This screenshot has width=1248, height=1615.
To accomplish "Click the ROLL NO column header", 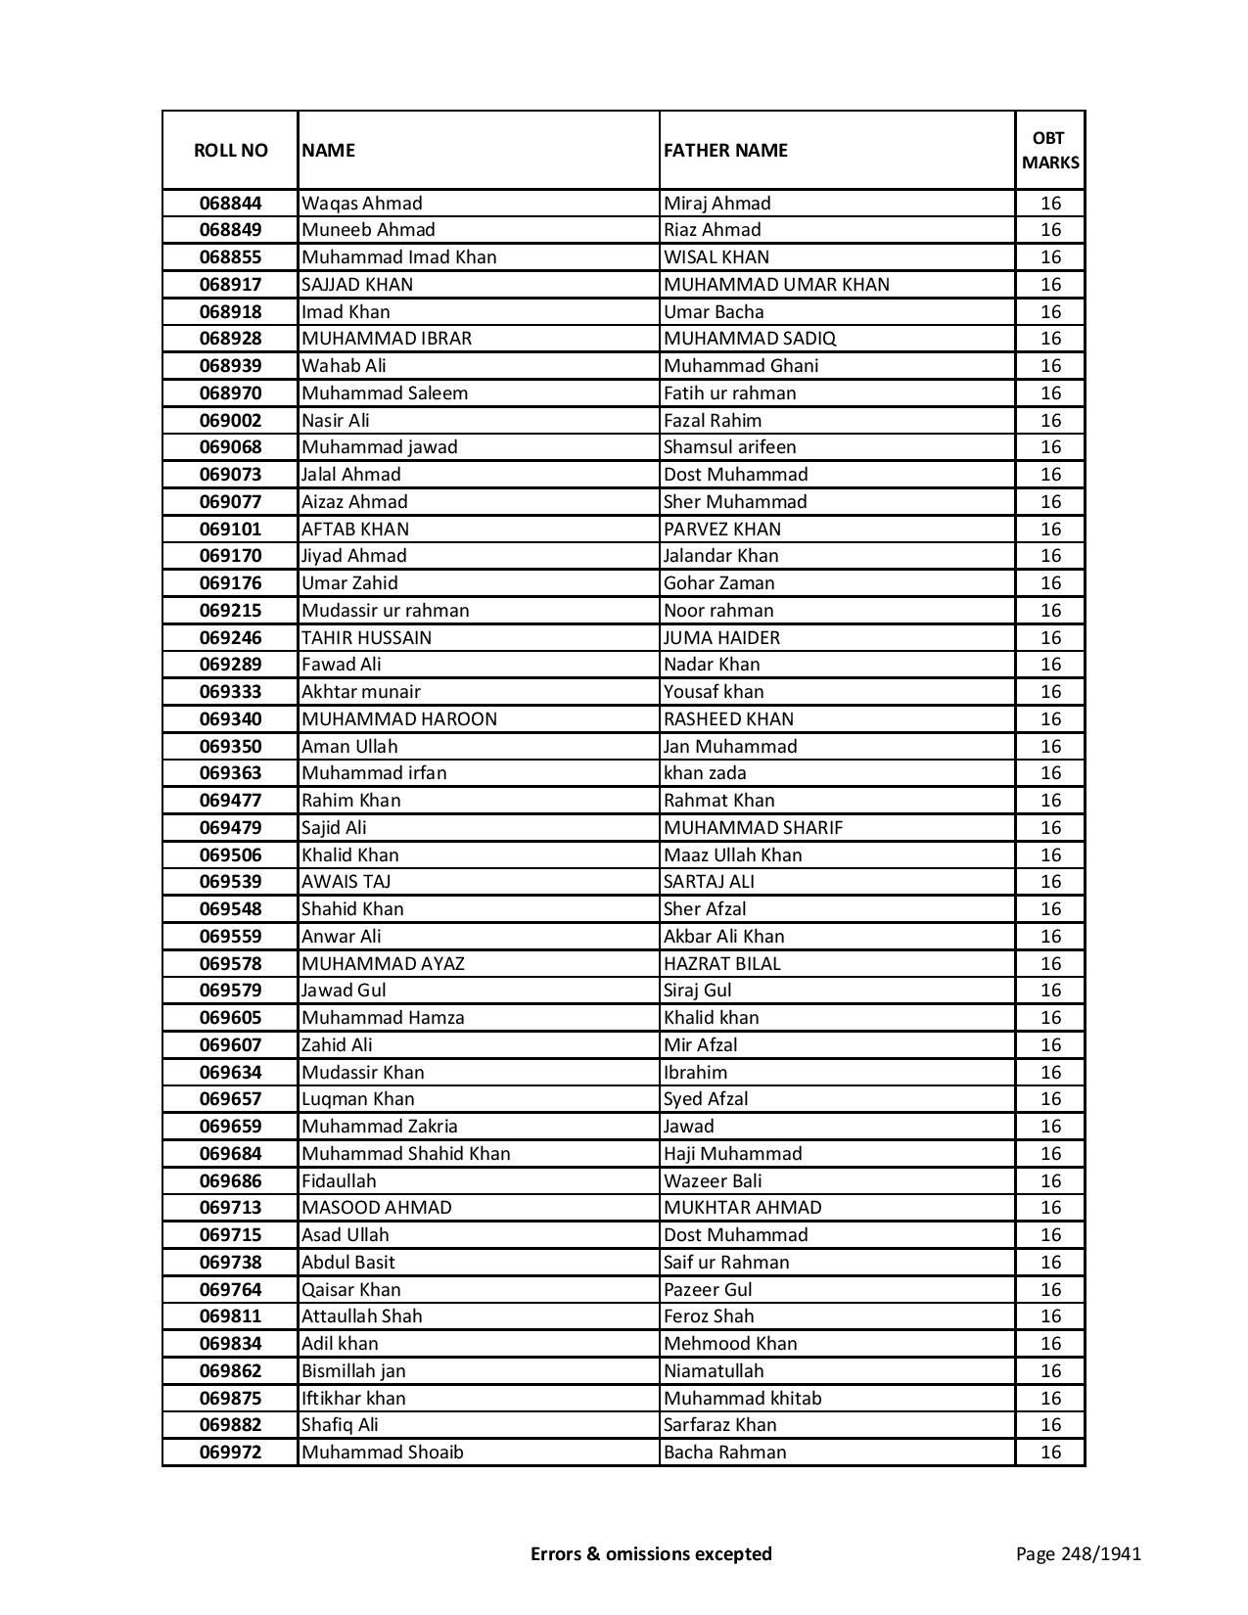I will point(230,150).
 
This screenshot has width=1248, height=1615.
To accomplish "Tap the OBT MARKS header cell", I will point(1050,150).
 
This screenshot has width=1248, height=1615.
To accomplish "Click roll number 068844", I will point(230,204).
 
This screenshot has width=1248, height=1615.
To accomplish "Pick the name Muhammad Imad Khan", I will point(399,257).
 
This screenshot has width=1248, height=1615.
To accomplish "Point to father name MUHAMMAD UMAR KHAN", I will point(776,285).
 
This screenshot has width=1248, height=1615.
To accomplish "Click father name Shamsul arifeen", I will point(729,447).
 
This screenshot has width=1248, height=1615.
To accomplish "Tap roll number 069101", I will point(230,530).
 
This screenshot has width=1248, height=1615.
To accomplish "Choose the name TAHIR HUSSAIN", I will point(366,638).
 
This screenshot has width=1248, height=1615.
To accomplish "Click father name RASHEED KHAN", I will point(728,719).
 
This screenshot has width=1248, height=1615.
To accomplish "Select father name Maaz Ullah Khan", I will point(732,855).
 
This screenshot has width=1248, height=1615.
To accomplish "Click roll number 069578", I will point(230,964).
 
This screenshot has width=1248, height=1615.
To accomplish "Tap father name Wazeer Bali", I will point(713,1181).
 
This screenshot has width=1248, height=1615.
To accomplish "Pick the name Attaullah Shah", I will point(362,1316).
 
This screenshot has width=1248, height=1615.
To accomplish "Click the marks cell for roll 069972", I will point(1050,1453).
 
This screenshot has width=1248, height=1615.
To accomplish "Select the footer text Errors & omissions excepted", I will point(651,1553).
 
